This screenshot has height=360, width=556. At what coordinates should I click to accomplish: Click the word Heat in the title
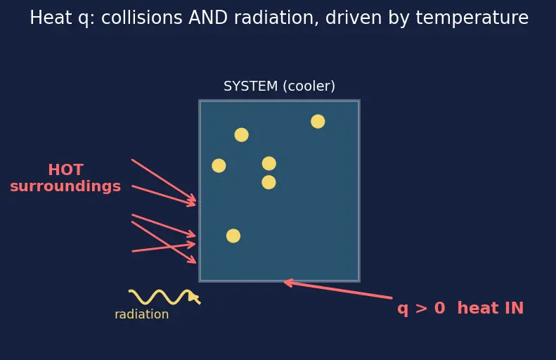point(51,18)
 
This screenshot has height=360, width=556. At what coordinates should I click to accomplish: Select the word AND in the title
point(208,18)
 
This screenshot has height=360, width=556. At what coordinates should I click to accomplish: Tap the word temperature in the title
point(472,18)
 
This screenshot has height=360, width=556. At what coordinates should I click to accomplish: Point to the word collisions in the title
point(142,18)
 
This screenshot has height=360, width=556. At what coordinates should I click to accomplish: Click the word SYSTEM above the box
point(251,86)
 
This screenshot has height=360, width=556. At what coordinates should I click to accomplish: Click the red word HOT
point(66,170)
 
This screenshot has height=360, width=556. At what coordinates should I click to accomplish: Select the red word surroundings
point(65,186)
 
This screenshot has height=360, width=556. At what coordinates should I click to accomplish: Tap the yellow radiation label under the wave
point(142,314)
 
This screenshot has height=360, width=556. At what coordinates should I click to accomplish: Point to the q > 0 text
point(421,308)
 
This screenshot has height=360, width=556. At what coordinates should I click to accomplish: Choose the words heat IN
point(491,308)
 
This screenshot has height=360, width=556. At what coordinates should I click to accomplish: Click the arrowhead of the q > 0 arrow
point(285,282)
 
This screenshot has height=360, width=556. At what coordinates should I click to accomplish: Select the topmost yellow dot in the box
point(318,122)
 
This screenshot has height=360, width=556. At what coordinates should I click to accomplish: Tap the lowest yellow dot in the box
point(233,236)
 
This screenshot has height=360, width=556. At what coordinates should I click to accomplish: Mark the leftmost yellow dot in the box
point(219,166)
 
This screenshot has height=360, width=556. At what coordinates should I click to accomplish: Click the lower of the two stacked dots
point(269,182)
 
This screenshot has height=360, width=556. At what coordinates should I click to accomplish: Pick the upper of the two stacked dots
point(269,164)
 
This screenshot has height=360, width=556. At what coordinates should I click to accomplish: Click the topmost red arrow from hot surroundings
point(164,180)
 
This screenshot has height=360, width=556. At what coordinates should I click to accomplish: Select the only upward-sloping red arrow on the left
point(164,247)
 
